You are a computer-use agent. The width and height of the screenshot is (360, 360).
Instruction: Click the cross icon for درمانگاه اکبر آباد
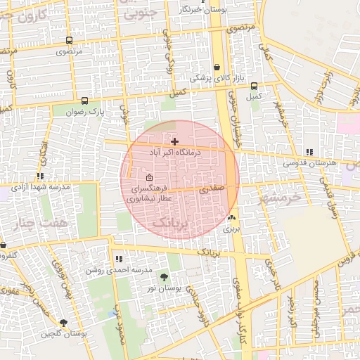pos(174,141)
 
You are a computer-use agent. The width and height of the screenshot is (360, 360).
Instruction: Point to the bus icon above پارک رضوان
pos(85,101)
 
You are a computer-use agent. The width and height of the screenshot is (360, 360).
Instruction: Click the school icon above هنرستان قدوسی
pos(309,152)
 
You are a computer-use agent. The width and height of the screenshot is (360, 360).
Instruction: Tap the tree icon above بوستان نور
pos(165,277)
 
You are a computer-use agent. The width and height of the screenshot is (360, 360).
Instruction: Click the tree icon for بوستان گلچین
pos(64,323)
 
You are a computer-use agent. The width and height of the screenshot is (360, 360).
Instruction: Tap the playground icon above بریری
pos(232,218)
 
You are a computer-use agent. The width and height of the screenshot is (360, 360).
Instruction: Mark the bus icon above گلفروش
pos(4,245)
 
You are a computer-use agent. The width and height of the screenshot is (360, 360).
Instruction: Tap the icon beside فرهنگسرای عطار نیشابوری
pos(148,177)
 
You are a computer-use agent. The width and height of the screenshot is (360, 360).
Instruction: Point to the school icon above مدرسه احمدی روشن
pos(118,259)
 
